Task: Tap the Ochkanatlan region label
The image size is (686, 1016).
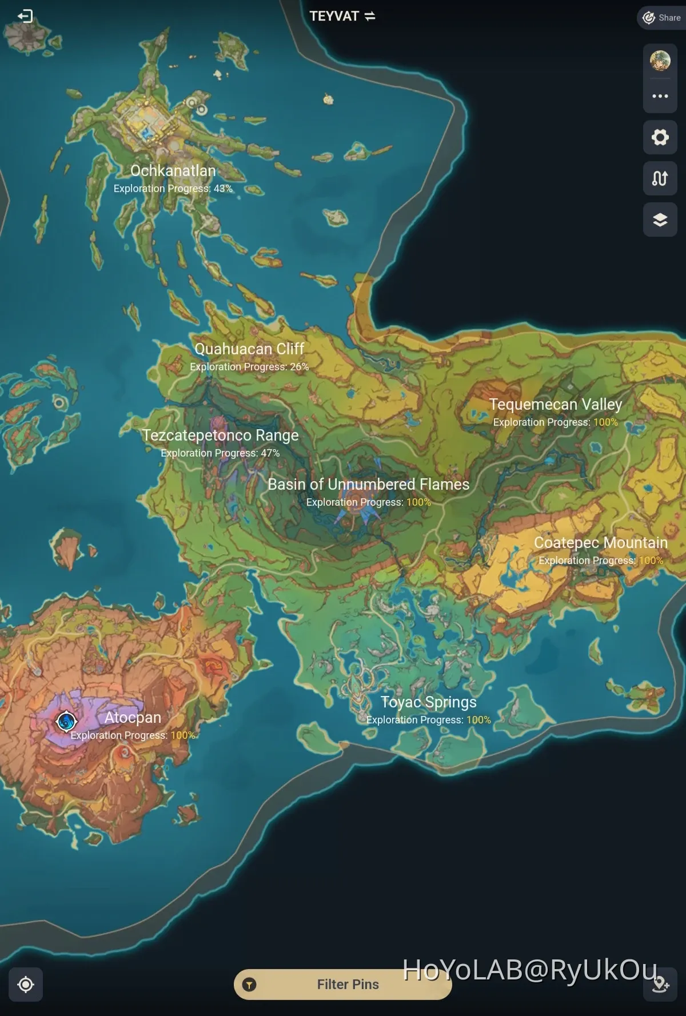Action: [173, 171]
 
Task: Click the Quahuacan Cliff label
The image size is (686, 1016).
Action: [249, 349]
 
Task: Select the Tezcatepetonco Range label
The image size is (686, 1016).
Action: [220, 435]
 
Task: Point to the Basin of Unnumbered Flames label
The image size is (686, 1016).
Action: [368, 485]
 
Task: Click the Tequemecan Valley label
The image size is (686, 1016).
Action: [555, 405]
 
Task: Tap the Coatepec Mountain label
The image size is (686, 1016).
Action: [600, 543]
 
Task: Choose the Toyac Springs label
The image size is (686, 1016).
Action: [428, 702]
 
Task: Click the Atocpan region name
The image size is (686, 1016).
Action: [133, 718]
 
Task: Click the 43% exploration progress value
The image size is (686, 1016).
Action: [223, 189]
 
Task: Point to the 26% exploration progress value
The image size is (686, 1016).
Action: [299, 367]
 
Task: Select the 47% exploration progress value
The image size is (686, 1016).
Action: [270, 453]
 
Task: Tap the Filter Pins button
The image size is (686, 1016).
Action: [342, 984]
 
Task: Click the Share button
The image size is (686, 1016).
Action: [662, 18]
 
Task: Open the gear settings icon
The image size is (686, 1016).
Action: [660, 137]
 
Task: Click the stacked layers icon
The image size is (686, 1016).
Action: [660, 219]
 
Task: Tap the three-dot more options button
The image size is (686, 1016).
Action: [660, 96]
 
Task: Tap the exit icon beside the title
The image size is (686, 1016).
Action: [25, 16]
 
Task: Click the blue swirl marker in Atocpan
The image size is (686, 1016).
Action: [66, 721]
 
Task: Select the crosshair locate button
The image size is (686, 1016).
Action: [26, 984]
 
